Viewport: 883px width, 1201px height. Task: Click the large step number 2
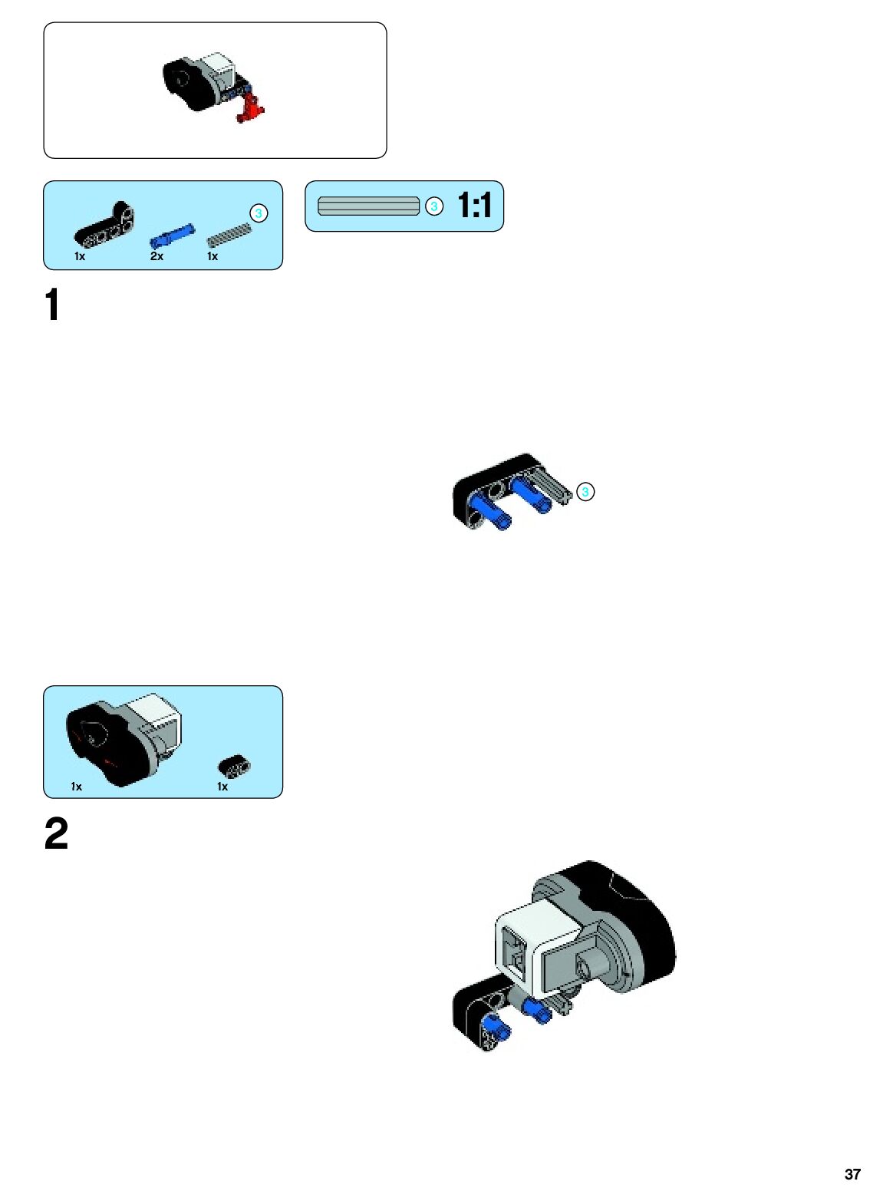click(56, 834)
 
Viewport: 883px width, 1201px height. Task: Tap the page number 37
click(852, 1174)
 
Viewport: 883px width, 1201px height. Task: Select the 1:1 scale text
click(475, 206)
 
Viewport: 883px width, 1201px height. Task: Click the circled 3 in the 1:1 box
click(434, 206)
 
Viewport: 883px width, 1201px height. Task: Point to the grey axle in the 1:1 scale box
click(368, 206)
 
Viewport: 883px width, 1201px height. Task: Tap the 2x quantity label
click(157, 256)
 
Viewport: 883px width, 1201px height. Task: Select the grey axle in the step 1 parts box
click(229, 234)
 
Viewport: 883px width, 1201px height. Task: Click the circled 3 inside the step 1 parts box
click(259, 213)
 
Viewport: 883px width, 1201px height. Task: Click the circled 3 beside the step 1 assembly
click(585, 492)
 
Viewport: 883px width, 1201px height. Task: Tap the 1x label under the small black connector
click(222, 787)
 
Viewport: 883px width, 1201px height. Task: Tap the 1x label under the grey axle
click(213, 256)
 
